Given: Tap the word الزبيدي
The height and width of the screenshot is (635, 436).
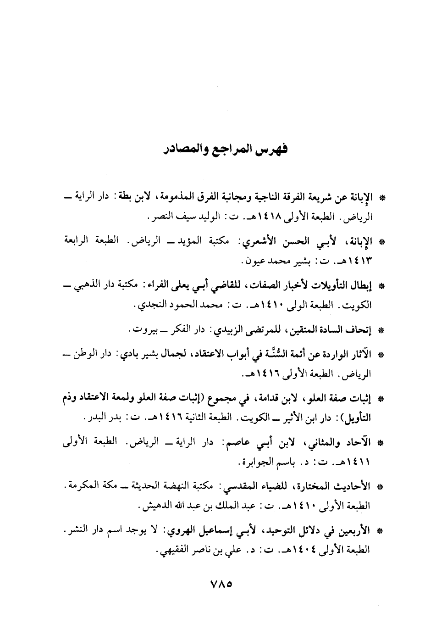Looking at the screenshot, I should click(x=228, y=329).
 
